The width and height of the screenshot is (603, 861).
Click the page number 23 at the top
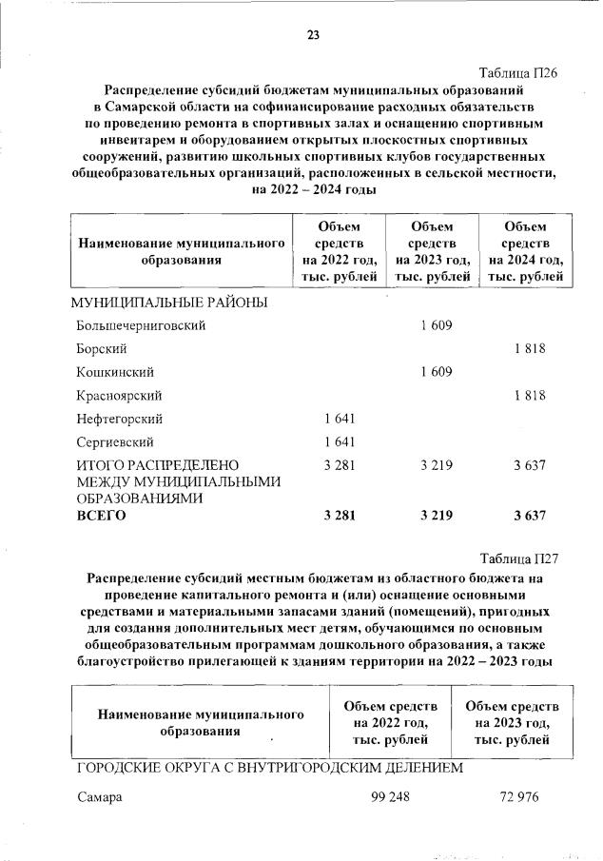click(313, 35)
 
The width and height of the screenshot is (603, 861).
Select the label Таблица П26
click(515, 72)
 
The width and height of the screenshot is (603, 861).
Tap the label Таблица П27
click(515, 558)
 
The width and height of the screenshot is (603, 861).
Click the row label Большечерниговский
click(141, 325)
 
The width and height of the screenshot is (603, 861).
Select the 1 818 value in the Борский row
click(529, 349)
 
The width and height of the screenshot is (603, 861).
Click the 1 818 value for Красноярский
click(529, 395)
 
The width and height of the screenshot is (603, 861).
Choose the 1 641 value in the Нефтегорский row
click(340, 419)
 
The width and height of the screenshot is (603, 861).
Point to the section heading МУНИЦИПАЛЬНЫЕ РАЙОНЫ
click(168, 303)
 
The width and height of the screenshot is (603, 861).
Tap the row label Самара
click(100, 797)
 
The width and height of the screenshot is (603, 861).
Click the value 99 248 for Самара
click(390, 797)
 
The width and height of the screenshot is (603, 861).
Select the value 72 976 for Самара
click(512, 797)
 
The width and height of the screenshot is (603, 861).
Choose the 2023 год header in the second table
click(512, 722)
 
